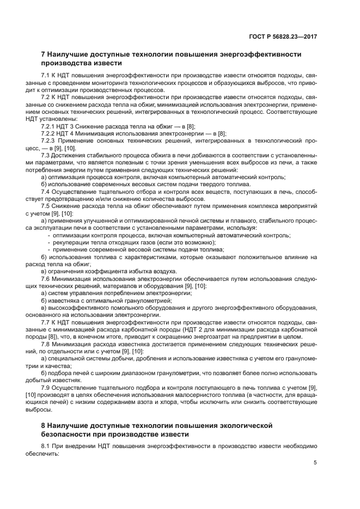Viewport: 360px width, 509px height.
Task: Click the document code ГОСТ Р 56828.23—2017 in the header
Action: pos(283,36)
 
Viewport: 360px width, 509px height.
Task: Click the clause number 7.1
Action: pos(46,75)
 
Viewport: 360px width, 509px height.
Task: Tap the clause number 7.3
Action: pos(46,156)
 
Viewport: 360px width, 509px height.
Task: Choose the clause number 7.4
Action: pos(46,192)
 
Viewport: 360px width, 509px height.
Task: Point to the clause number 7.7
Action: pos(46,322)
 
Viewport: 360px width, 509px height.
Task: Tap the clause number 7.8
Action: pos(46,345)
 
